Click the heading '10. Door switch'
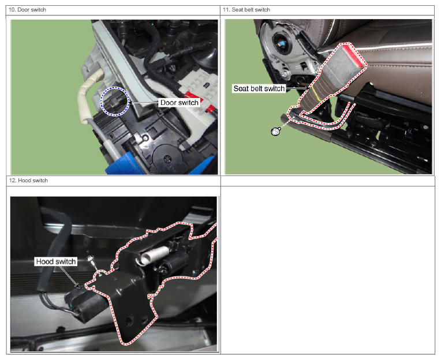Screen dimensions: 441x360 (x=27, y=10)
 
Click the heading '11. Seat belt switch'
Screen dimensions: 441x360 (x=246, y=10)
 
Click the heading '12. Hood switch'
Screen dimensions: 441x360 (x=28, y=181)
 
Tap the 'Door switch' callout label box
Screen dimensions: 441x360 (x=179, y=103)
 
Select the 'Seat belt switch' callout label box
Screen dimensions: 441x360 (x=259, y=88)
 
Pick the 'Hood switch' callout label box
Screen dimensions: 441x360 (x=56, y=262)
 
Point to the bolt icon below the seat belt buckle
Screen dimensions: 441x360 (x=276, y=131)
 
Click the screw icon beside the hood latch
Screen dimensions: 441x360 (x=91, y=260)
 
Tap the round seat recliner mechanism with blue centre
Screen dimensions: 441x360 (x=282, y=44)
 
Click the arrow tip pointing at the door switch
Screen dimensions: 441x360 (x=129, y=103)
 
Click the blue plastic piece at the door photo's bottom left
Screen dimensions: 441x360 (x=123, y=164)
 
